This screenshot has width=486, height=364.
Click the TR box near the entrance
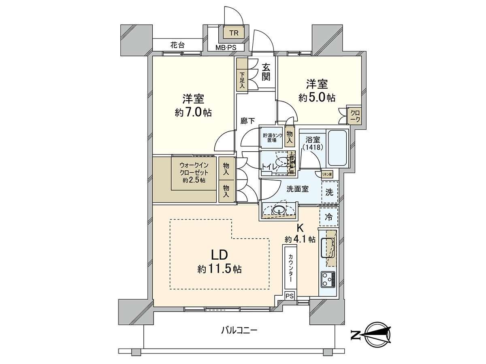click(x=234, y=32)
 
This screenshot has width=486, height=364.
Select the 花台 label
click(x=177, y=44)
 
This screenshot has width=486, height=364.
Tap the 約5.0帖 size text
click(x=317, y=98)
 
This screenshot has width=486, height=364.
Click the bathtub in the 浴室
click(x=338, y=148)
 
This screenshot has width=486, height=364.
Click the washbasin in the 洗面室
click(x=278, y=210)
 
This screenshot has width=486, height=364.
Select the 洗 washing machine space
click(x=330, y=193)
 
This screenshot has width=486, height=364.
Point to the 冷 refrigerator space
click(x=329, y=217)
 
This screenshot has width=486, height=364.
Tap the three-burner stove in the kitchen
click(x=328, y=279)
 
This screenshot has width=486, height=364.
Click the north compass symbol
click(x=377, y=334)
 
